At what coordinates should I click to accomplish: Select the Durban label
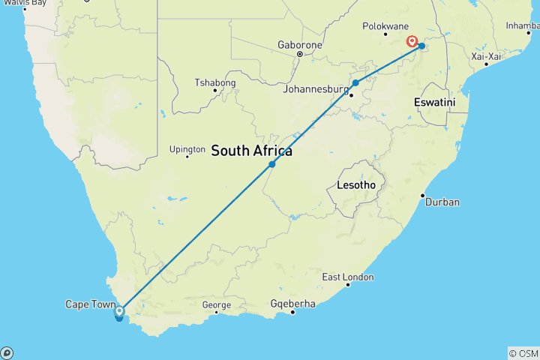tap(442, 202)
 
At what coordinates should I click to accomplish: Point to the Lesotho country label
tap(356, 184)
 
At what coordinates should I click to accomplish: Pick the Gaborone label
tap(298, 44)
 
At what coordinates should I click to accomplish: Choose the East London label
tap(347, 277)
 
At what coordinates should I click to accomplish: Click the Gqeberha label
tap(293, 304)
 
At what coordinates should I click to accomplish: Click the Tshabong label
tap(215, 82)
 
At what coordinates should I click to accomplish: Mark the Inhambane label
tap(523, 25)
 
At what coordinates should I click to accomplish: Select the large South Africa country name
tap(251, 151)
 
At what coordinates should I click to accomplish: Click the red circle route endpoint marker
tap(412, 41)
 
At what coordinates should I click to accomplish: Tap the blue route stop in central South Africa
tap(271, 163)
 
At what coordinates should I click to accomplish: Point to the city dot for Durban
tap(423, 195)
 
